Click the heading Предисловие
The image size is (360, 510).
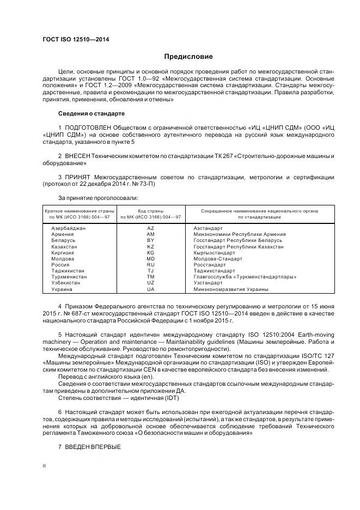click(188, 57)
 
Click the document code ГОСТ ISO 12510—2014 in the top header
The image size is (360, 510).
click(76, 39)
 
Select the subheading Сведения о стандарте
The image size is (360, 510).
click(91, 113)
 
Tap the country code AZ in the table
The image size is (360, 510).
click(151, 228)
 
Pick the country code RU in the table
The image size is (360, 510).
click(151, 264)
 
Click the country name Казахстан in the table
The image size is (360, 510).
click(64, 246)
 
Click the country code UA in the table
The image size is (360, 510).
click(151, 289)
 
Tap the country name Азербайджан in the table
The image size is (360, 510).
click(68, 228)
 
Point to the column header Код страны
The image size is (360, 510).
click(151, 210)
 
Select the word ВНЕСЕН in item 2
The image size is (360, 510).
click(76, 156)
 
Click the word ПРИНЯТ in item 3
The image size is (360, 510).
click(76, 178)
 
